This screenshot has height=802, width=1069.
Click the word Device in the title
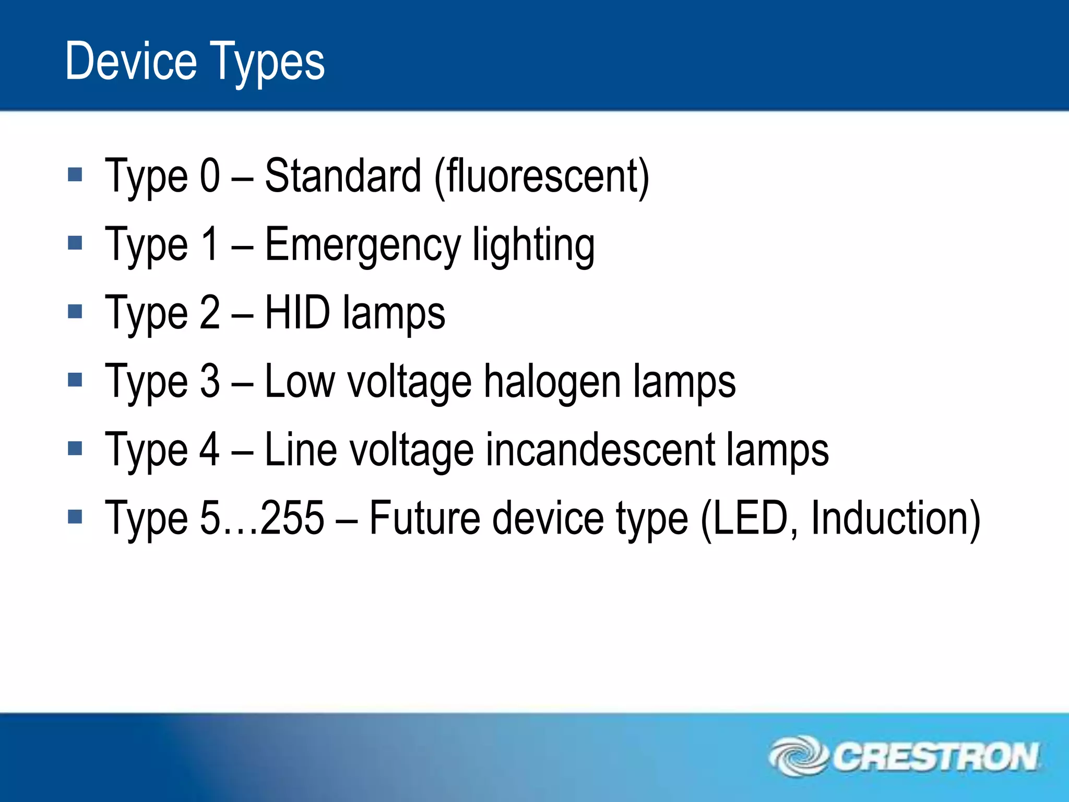pos(131,62)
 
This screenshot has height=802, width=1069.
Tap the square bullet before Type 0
pos(75,174)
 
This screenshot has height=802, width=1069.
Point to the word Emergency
pos(363,245)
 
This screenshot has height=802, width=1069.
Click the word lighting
pos(533,245)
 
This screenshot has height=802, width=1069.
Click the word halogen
pos(552,382)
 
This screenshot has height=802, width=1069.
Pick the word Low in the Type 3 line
pos(300,381)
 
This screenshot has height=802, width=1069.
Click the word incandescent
pos(600,450)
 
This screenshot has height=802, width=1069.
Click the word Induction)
pos(896,519)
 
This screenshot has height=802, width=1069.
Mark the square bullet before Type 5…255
pos(75,517)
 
